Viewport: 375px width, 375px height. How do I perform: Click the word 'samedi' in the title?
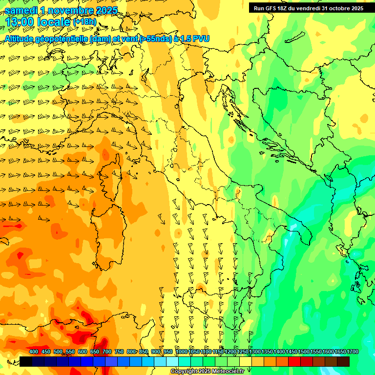tap(21, 10)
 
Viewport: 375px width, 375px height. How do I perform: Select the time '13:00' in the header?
tap(22, 22)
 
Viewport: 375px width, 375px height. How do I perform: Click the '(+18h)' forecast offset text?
tap(84, 22)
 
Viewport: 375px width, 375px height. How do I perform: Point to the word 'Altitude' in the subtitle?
tap(21, 38)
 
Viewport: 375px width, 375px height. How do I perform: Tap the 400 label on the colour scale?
tap(34, 352)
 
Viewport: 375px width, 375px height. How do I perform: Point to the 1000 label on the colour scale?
tap(181, 352)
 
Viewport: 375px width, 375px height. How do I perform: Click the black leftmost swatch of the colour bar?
tap(26, 361)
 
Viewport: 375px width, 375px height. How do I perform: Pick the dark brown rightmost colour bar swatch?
tap(343, 361)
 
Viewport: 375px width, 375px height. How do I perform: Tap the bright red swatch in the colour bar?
tap(294, 361)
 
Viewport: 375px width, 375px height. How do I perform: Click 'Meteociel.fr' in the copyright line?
tap(226, 372)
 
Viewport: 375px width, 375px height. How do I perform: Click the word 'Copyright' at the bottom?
tap(184, 372)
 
